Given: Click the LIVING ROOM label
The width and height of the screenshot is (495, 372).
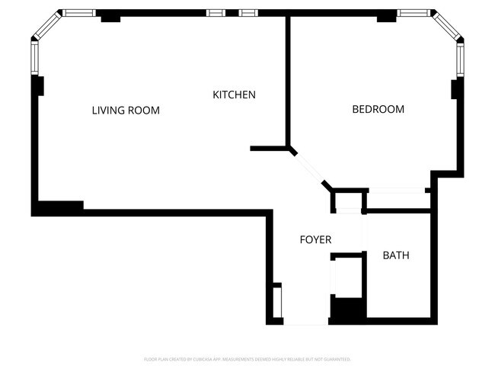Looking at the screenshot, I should pyautogui.click(x=126, y=111).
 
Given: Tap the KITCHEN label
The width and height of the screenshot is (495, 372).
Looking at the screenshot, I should pyautogui.click(x=234, y=95).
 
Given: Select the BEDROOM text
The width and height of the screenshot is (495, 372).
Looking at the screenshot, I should pyautogui.click(x=378, y=110).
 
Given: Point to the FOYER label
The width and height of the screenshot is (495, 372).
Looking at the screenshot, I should pyautogui.click(x=315, y=240).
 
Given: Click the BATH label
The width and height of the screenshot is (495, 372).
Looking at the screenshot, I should pyautogui.click(x=396, y=255).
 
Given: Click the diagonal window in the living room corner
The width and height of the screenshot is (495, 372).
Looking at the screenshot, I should pyautogui.click(x=46, y=26).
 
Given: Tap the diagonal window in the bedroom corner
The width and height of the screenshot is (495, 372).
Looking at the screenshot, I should pyautogui.click(x=446, y=25).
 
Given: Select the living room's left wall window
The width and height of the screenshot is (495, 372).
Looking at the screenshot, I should pyautogui.click(x=34, y=58).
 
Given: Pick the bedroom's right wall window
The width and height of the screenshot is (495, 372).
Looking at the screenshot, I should pyautogui.click(x=460, y=58).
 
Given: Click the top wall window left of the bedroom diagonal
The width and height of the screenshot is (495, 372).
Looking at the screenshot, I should pyautogui.click(x=414, y=13).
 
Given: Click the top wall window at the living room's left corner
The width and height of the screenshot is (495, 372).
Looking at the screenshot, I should pyautogui.click(x=76, y=13).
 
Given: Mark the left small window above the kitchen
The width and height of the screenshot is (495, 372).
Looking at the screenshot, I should pyautogui.click(x=216, y=13).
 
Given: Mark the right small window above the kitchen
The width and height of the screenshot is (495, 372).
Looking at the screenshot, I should pyautogui.click(x=247, y=13).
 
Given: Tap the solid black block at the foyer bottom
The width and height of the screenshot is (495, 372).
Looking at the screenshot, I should pyautogui.click(x=346, y=311).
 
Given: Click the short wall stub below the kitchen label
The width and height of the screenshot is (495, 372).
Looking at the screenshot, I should pyautogui.click(x=267, y=148).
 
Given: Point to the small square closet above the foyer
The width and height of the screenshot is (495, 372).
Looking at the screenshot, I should pyautogui.click(x=346, y=201).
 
